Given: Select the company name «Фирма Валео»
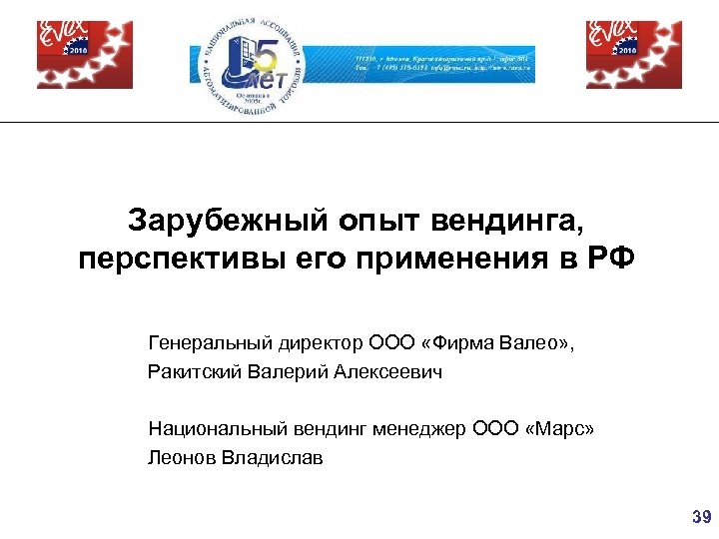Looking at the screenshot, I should tap(495, 343).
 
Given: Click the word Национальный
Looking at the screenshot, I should tap(211, 429).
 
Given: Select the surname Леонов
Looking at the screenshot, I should tap(179, 458).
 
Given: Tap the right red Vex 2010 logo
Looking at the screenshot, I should tap(634, 55).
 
